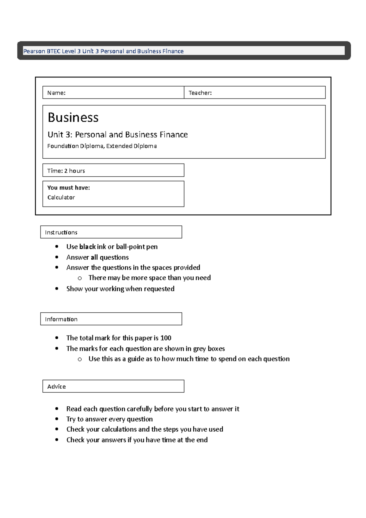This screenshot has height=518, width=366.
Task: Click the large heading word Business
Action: tap(73, 118)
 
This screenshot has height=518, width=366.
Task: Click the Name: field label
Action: tap(56, 93)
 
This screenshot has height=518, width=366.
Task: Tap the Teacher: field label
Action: tap(200, 93)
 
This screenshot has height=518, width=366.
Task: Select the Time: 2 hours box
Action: tap(113, 171)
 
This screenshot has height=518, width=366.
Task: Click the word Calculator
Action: tap(61, 197)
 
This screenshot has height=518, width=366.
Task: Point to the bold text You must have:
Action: tap(69, 188)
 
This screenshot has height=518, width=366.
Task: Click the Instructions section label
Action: tap(61, 232)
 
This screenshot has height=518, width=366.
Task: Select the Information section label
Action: tap(61, 319)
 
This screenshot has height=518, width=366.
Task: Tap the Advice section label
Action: tap(56, 387)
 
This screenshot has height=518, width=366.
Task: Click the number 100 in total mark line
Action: tap(166, 338)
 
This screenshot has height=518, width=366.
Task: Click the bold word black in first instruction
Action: tap(88, 246)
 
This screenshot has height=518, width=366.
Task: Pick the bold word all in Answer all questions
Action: tap(94, 257)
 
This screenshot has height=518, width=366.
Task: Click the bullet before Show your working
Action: tap(57, 289)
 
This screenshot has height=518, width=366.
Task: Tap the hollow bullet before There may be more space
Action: tap(80, 278)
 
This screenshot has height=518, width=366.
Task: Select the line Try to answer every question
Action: tap(109, 419)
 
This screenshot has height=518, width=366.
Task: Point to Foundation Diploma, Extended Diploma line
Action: tap(102, 146)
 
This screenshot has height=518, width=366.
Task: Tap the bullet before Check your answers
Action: tap(57, 440)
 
